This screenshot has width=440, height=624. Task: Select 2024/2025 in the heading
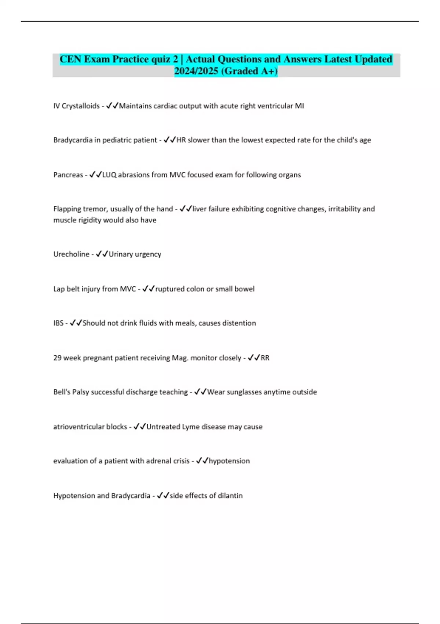tap(196, 71)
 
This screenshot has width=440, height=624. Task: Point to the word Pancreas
tap(68, 175)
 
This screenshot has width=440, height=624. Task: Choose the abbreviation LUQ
tap(109, 175)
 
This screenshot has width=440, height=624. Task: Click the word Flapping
tap(67, 209)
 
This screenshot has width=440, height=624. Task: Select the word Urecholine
tap(71, 254)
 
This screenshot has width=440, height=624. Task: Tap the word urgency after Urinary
tap(148, 254)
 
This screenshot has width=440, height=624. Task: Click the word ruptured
tap(170, 289)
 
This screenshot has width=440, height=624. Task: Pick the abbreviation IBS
tap(58, 323)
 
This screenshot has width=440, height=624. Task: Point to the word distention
tap(239, 323)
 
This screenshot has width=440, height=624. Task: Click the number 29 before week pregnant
tap(57, 358)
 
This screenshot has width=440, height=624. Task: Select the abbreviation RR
tap(265, 358)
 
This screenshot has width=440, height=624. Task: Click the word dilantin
tap(230, 496)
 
